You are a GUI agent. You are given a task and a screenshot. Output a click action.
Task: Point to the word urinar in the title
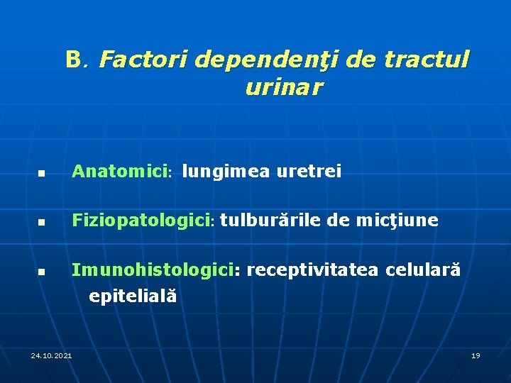(283, 88)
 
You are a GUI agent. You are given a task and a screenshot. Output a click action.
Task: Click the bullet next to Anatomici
(42, 173)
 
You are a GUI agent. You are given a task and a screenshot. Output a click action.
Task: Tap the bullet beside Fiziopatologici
(42, 223)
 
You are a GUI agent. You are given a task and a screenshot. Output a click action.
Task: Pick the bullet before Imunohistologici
(42, 272)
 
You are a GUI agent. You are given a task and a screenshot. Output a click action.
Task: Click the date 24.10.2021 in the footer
(51, 355)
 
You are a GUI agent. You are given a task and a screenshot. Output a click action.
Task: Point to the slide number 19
(476, 355)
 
